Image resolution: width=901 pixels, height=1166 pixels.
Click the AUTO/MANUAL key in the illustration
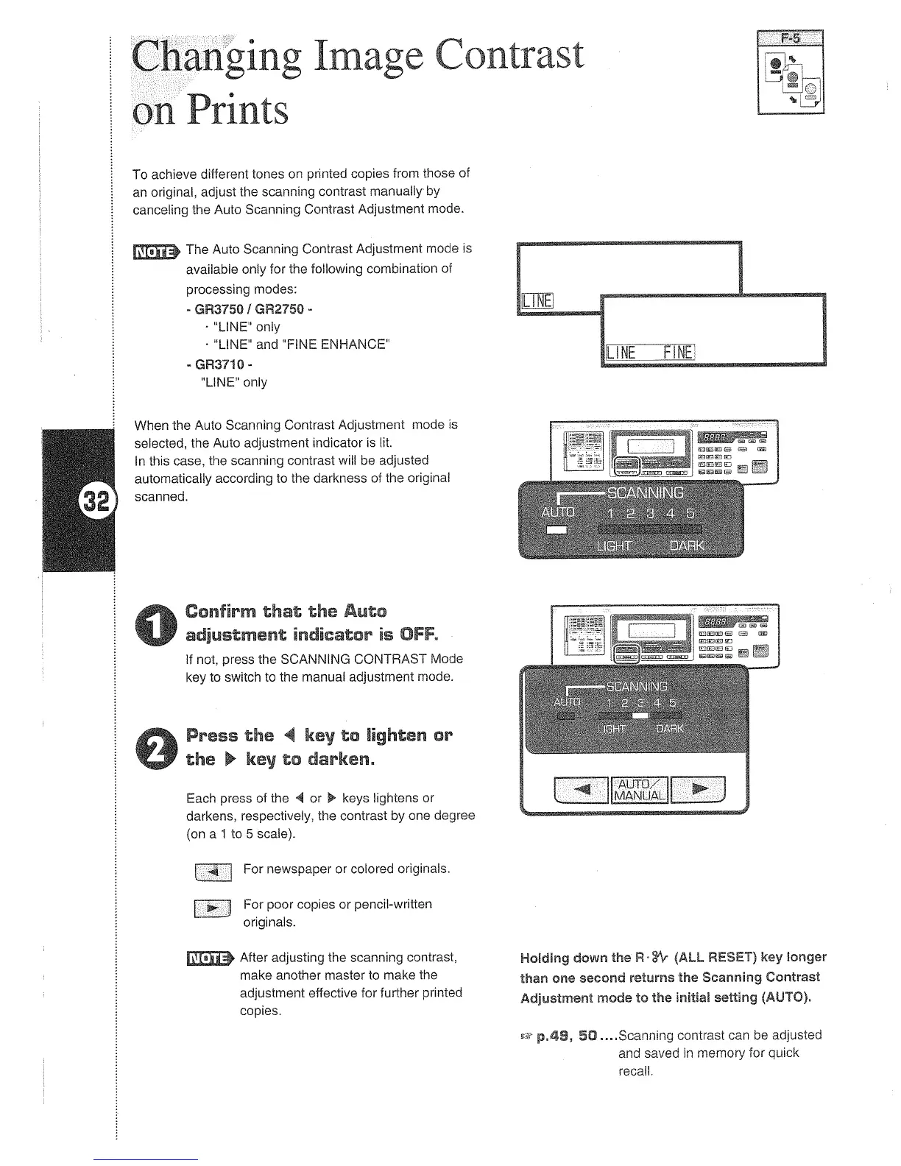pos(640,790)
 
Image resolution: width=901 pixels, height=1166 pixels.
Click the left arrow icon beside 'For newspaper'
pos(213,872)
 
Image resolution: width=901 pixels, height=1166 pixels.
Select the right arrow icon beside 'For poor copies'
pos(212,909)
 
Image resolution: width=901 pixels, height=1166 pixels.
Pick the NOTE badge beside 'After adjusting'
pos(210,958)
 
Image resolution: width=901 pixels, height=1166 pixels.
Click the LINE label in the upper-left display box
pos(537,301)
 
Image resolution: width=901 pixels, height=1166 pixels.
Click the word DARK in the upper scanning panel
pos(687,546)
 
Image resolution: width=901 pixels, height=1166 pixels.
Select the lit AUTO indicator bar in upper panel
pos(556,530)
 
